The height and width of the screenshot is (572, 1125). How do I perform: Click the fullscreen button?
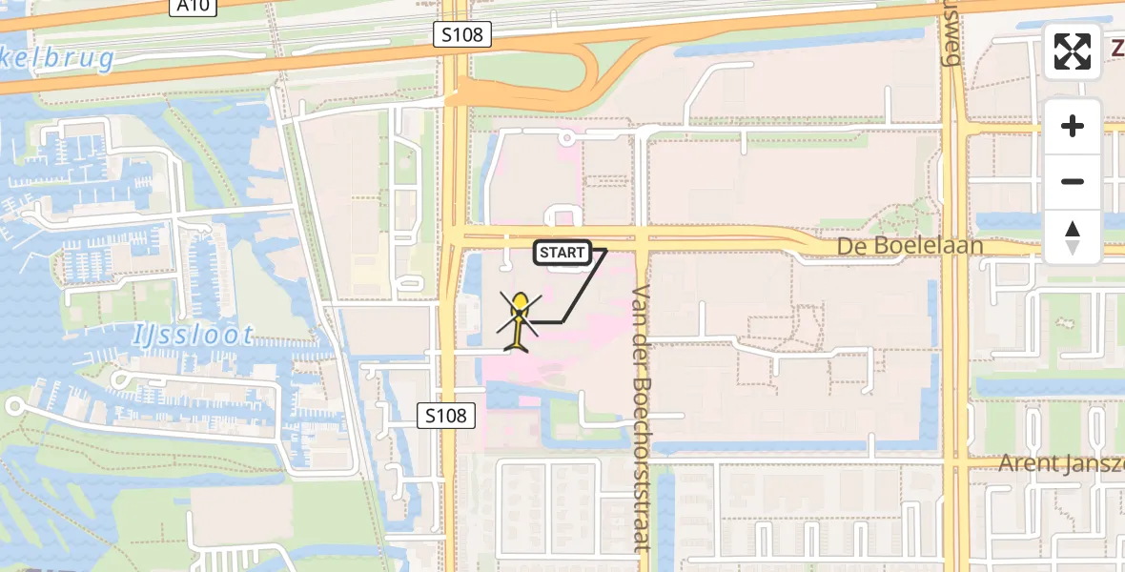click(x=1073, y=51)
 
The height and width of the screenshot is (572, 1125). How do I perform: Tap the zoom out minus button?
click(x=1073, y=181)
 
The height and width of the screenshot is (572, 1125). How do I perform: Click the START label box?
click(x=562, y=253)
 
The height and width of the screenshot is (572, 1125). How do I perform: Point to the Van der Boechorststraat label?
click(x=640, y=418)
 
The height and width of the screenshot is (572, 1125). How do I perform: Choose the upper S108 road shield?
click(x=463, y=35)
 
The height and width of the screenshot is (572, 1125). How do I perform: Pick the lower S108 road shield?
click(x=446, y=415)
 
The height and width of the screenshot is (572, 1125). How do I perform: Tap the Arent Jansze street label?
click(x=1060, y=463)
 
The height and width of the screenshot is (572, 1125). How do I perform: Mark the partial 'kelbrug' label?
click(x=57, y=59)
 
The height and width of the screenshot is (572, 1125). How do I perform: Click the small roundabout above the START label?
click(x=566, y=139)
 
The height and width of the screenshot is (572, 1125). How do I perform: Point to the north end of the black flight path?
click(x=605, y=250)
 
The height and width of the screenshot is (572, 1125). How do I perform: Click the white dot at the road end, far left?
click(x=13, y=406)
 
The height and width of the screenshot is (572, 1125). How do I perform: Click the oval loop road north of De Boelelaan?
click(x=561, y=217)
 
